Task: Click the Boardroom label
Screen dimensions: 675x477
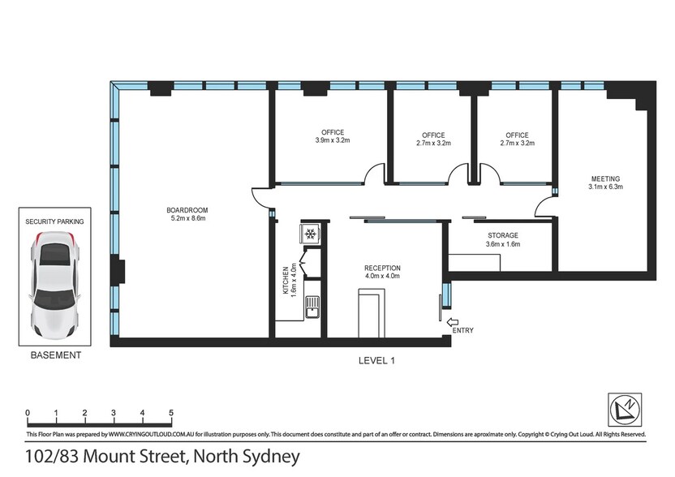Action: [187, 210]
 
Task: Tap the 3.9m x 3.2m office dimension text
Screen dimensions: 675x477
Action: [333, 140]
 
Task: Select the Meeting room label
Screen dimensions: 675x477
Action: [606, 178]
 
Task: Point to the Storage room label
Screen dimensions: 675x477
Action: [503, 235]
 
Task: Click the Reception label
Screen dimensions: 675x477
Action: [382, 269]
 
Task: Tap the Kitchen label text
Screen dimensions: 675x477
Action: [286, 280]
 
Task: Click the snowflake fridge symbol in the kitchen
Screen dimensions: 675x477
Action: [310, 234]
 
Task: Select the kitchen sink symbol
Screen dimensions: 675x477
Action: [312, 307]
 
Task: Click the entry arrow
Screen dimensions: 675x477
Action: [453, 321]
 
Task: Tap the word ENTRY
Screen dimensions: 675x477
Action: [462, 331]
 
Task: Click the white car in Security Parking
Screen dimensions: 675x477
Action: [54, 285]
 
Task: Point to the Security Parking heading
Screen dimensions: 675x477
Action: [54, 221]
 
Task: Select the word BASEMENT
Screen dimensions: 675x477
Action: [56, 355]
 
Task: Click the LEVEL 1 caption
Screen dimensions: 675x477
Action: [376, 361]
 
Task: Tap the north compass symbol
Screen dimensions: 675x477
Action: [625, 410]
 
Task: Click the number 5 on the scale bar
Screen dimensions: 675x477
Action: [171, 413]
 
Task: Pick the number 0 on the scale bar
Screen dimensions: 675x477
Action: [28, 413]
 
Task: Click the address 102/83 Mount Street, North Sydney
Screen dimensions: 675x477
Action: [162, 457]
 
